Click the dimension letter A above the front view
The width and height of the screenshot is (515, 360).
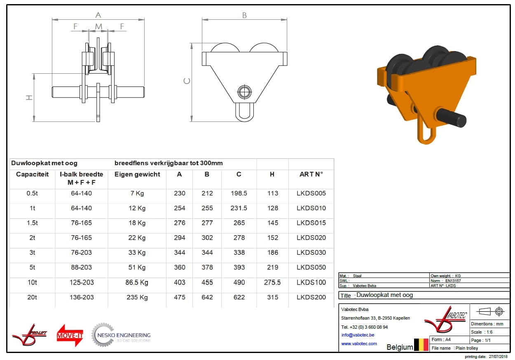[98, 15]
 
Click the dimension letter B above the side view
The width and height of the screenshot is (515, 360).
[244, 15]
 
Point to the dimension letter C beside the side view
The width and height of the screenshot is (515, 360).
[187, 81]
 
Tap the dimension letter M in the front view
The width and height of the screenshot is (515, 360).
[98, 27]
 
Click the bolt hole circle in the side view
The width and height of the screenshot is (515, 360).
[244, 92]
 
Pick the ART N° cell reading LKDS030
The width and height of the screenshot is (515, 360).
[311, 252]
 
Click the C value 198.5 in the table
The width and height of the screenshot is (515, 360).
[239, 193]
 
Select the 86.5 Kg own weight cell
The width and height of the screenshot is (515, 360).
[137, 282]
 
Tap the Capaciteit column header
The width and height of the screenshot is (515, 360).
[33, 174]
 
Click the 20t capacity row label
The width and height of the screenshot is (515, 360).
[32, 297]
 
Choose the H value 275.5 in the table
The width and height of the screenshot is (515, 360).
[272, 282]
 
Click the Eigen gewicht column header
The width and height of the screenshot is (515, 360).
[137, 174]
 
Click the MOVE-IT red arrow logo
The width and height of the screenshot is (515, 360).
[70, 335]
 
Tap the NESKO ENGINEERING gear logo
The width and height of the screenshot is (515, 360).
[121, 335]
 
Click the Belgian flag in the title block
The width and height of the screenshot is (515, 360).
[421, 345]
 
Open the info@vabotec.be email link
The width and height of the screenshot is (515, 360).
[358, 335]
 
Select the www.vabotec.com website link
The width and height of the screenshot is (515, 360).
[359, 344]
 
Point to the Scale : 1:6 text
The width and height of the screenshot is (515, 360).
[482, 332]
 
